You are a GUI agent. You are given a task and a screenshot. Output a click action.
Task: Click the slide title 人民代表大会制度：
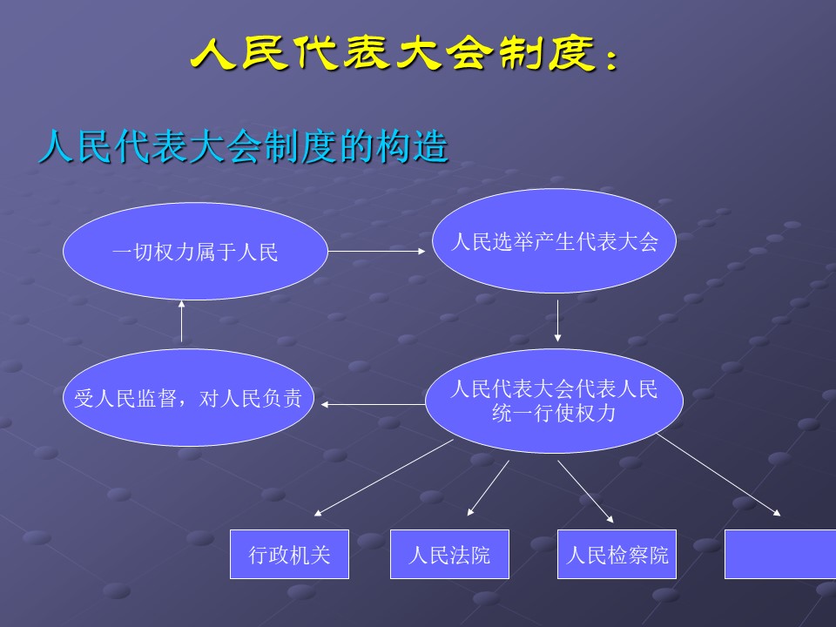[406, 55]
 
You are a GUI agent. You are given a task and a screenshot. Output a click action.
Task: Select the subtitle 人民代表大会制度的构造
[244, 148]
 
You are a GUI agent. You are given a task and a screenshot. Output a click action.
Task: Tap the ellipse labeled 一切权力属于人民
[195, 253]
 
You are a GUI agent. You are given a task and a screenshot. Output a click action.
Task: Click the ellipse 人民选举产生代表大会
[555, 241]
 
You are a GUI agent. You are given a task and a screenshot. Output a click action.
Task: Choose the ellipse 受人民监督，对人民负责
[187, 398]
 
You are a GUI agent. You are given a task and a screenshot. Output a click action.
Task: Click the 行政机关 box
[289, 554]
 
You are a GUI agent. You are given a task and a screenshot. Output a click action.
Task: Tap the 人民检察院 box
[617, 554]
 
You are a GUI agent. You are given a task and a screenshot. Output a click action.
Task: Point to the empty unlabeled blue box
[780, 554]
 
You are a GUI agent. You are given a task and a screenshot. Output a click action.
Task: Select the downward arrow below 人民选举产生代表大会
[557, 320]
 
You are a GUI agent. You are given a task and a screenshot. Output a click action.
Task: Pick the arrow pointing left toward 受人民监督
[370, 404]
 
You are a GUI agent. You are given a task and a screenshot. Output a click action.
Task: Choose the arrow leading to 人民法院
[489, 488]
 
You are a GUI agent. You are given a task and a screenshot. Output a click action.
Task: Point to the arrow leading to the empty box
[718, 475]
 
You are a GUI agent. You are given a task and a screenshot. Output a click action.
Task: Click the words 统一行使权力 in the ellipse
[554, 413]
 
